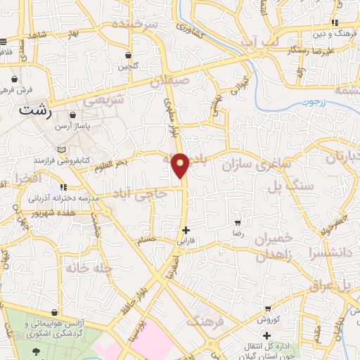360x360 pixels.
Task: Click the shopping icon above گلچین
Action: click(x=128, y=55)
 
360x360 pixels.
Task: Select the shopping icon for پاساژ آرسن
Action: click(x=73, y=115)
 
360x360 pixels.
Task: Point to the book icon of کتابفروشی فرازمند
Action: click(x=62, y=150)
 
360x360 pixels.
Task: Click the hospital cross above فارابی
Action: click(x=186, y=230)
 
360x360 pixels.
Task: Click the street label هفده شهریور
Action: click(x=50, y=212)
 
